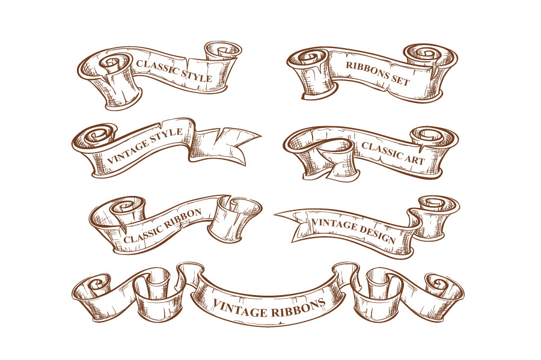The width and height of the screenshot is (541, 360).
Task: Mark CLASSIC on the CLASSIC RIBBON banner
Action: [x=144, y=236]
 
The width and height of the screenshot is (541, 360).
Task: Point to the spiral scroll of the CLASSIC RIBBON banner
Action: [x=126, y=209]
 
